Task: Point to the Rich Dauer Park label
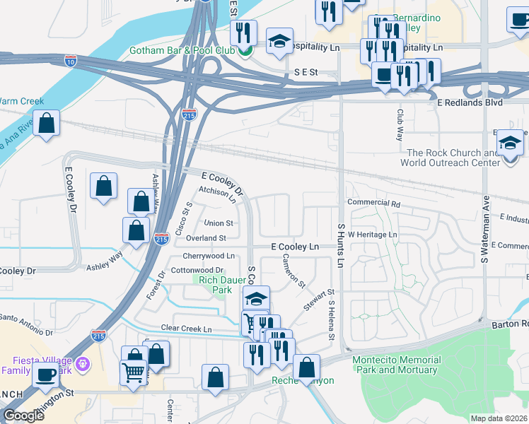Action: pos(215,285)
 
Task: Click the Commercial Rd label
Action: pos(375,204)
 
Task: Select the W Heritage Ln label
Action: pos(372,234)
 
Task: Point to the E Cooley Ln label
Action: pos(296,247)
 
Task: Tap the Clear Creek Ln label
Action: pos(187,329)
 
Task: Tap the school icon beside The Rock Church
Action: pos(509,143)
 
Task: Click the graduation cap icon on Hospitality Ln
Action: pos(279,41)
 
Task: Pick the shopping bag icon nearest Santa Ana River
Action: pos(46,123)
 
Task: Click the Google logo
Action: pos(23,416)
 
